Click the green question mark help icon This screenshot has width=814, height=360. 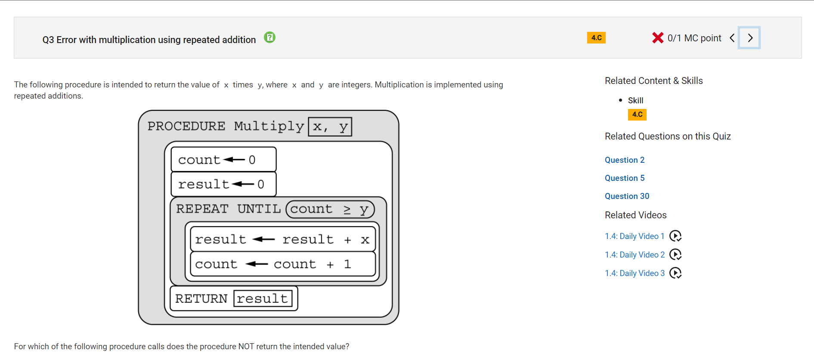pyautogui.click(x=269, y=37)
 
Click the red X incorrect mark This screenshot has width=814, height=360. pyautogui.click(x=658, y=38)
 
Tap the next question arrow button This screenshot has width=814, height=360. pyautogui.click(x=749, y=38)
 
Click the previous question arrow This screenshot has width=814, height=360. pyautogui.click(x=732, y=38)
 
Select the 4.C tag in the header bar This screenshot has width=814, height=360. pyautogui.click(x=596, y=38)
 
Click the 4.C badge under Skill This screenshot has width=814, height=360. pyautogui.click(x=637, y=115)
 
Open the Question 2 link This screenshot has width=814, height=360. pyautogui.click(x=625, y=160)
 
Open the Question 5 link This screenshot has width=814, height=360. pyautogui.click(x=625, y=178)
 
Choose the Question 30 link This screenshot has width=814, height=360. pyautogui.click(x=627, y=196)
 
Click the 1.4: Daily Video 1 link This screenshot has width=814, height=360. pyautogui.click(x=634, y=236)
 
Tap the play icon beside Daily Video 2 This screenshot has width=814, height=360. pyautogui.click(x=675, y=254)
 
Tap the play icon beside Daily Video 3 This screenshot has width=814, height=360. pyautogui.click(x=675, y=273)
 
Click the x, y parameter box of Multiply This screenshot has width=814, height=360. pyautogui.click(x=330, y=127)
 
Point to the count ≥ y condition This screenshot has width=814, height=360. pyautogui.click(x=330, y=209)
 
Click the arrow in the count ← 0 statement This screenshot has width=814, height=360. pyautogui.click(x=234, y=160)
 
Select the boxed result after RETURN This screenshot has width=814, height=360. pyautogui.click(x=263, y=298)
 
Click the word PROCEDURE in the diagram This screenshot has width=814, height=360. pyautogui.click(x=186, y=126)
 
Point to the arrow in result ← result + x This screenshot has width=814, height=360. pyautogui.click(x=263, y=239)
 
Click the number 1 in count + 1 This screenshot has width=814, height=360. pyautogui.click(x=347, y=264)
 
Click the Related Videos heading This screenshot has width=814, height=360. pyautogui.click(x=635, y=215)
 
